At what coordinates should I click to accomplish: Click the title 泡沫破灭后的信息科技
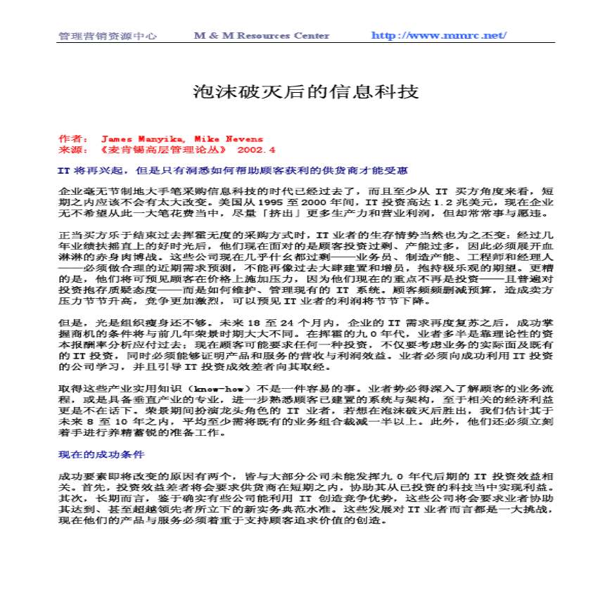click(x=306, y=91)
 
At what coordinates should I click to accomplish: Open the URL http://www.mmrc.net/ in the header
click(x=438, y=36)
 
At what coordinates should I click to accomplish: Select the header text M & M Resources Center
click(x=261, y=36)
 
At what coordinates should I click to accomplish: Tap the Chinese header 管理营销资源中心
click(x=107, y=36)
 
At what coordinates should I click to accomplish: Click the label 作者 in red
click(x=71, y=139)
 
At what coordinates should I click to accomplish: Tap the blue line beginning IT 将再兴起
click(x=232, y=171)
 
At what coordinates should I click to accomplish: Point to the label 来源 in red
click(x=71, y=150)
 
